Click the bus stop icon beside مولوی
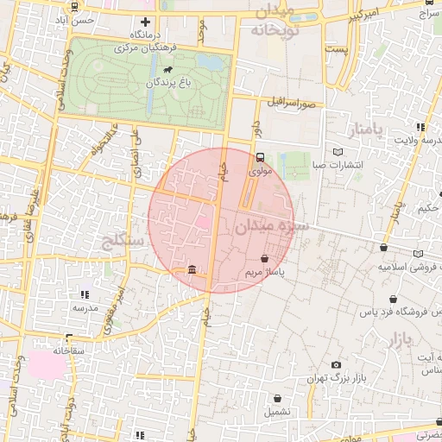(260, 157)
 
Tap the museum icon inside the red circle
(191, 270)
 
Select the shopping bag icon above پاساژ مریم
(263, 258)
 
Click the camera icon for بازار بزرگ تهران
(336, 365)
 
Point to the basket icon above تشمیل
(277, 399)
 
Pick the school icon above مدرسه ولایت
(420, 127)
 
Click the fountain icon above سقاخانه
(68, 338)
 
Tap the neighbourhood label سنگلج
(121, 240)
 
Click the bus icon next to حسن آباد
(74, 7)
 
